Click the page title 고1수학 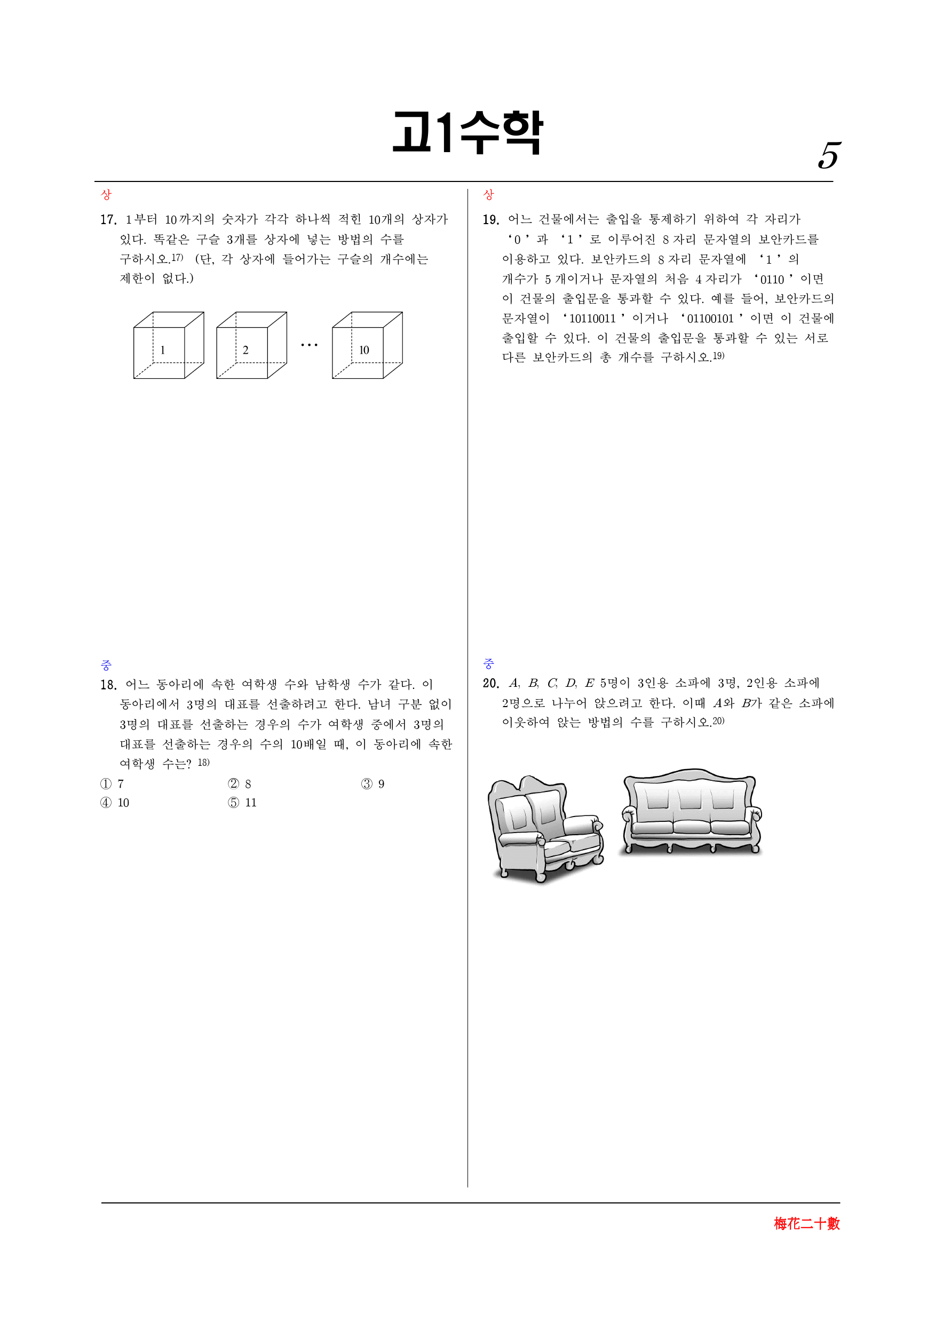coord(467,132)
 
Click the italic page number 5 coord(829,156)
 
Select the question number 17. coord(108,219)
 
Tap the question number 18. coord(108,685)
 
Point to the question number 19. coord(491,219)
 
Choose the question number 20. coord(491,684)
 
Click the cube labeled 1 coord(168,345)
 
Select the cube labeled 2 coord(251,345)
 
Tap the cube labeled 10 coord(367,345)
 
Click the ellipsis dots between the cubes coord(310,345)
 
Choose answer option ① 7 coord(112,783)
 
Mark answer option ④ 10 coord(115,803)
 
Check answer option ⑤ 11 coord(242,803)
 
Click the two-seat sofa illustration coord(545,829)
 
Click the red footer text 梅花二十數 coord(806,1223)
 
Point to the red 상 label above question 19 coord(488,195)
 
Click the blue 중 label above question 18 coord(106,665)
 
